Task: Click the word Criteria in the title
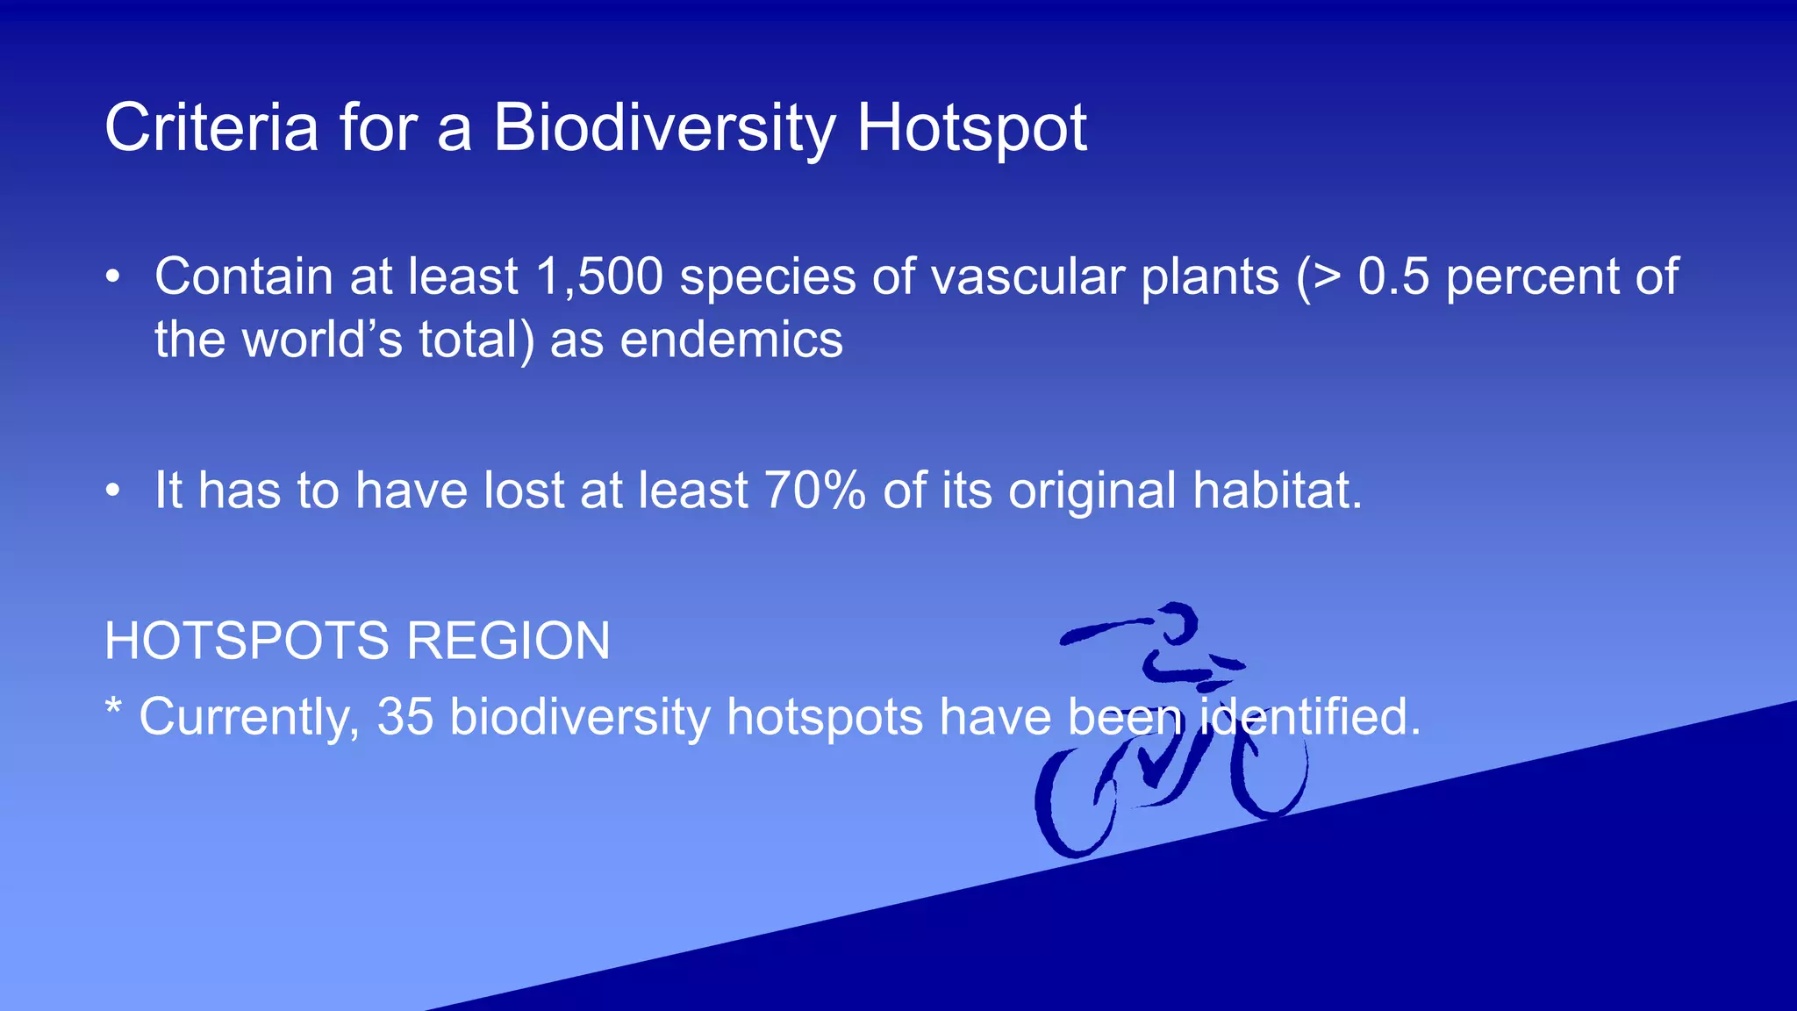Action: point(211,128)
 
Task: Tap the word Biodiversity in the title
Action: point(664,128)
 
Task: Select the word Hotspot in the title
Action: point(971,128)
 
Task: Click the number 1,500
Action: point(599,277)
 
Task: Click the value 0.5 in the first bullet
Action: point(1393,277)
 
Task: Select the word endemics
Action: point(731,341)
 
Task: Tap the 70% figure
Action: point(815,490)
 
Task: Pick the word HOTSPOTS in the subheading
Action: point(247,641)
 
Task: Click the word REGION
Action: point(508,641)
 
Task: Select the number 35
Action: point(405,717)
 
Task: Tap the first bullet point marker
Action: point(112,278)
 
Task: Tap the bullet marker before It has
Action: point(112,491)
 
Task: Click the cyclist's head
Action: point(1176,623)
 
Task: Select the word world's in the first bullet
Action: point(322,341)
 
